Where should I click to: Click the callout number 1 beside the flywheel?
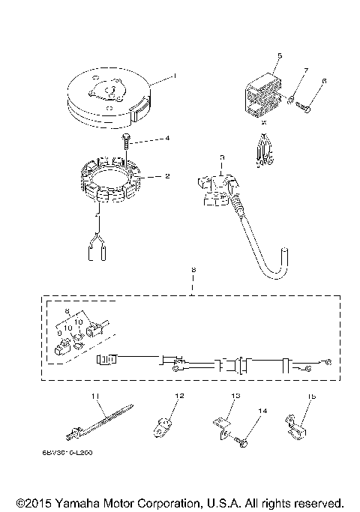click(174, 76)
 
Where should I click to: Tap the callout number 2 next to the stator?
click(167, 176)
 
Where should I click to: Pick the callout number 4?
click(167, 138)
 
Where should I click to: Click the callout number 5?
click(279, 55)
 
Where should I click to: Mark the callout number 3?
click(222, 157)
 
